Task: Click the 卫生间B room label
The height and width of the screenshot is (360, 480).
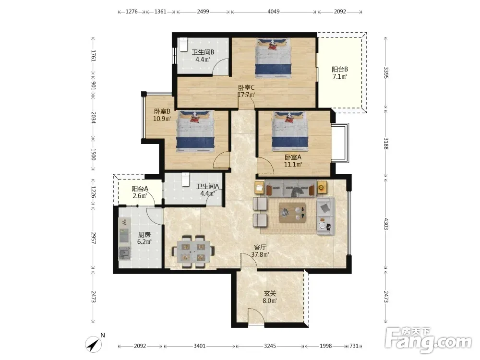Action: click(203, 52)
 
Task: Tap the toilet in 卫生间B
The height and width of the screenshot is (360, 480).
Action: click(183, 44)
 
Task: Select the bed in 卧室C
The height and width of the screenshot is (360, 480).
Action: click(273, 58)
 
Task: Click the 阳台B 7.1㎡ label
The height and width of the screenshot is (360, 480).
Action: click(340, 73)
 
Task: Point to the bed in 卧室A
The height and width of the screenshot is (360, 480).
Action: click(289, 131)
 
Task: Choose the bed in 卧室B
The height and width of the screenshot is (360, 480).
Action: click(195, 132)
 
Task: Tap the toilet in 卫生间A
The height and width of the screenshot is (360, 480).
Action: click(185, 180)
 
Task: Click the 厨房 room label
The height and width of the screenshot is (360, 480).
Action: click(144, 235)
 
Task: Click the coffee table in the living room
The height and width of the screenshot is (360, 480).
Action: click(292, 212)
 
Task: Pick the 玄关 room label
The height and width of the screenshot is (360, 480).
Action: click(270, 293)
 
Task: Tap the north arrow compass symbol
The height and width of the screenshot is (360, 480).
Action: click(94, 343)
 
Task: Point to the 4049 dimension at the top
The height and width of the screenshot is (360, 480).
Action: click(274, 12)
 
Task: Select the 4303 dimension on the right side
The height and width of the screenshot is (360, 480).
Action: click(386, 224)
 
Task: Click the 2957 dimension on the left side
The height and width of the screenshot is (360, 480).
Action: click(94, 238)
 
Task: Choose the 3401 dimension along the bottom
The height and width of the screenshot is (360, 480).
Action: click(200, 346)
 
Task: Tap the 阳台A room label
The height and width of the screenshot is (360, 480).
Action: click(140, 189)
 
